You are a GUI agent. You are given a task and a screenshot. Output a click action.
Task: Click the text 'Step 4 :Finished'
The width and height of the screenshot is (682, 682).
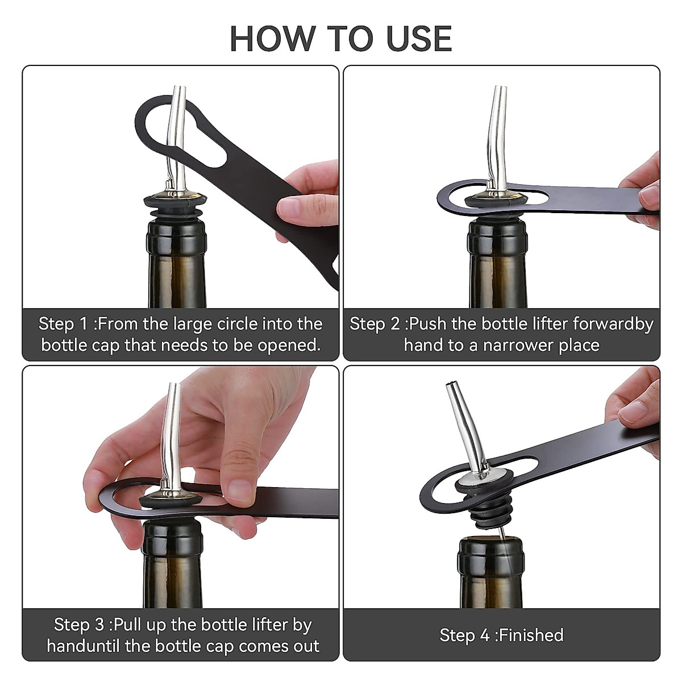coord(501,635)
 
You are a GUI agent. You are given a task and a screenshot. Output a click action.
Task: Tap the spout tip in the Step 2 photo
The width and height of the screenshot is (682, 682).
coord(502,88)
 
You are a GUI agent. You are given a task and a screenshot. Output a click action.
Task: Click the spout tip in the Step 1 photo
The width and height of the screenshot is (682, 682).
coord(181,88)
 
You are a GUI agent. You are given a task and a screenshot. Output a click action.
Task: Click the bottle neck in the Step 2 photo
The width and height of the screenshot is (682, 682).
coord(498,263)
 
